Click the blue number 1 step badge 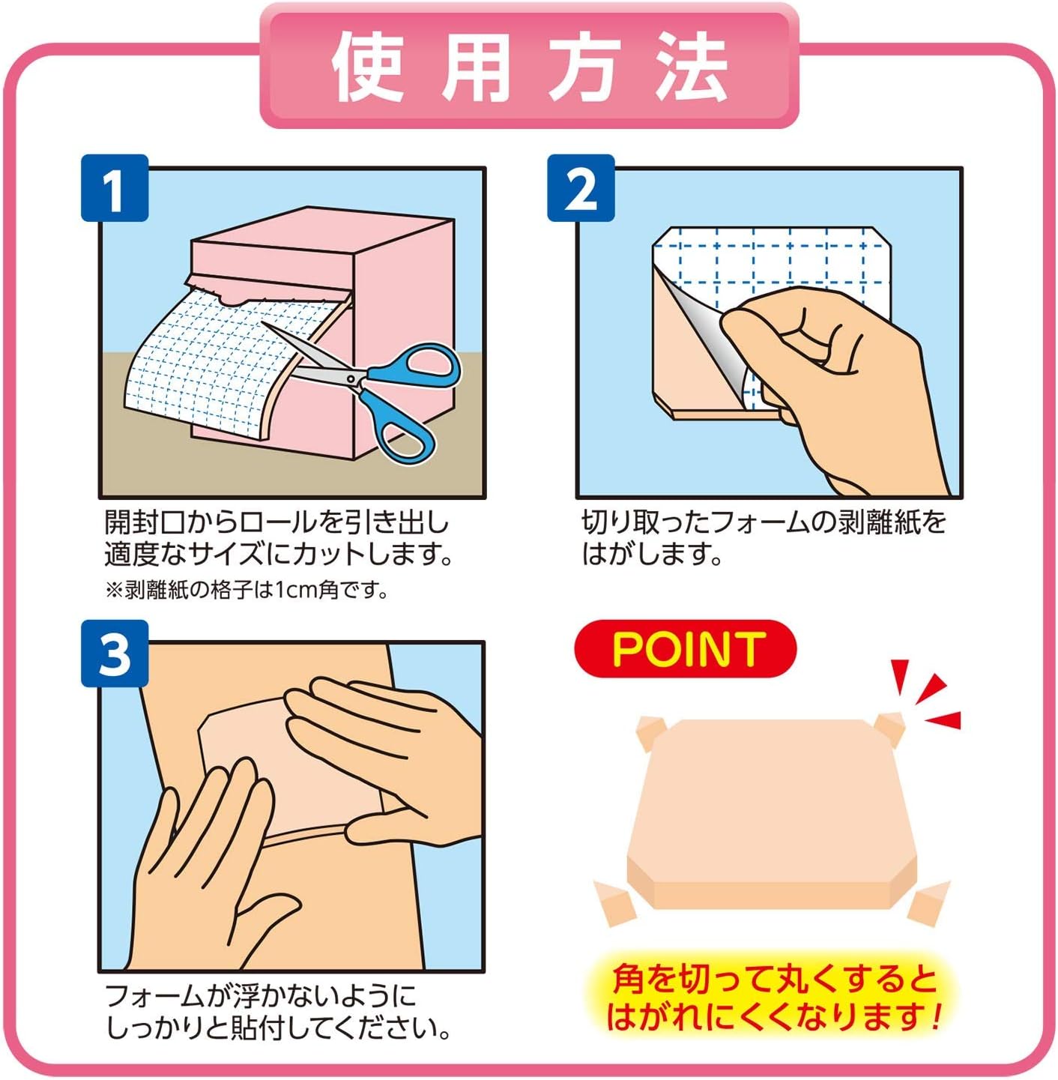115,188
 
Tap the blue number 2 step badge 581,188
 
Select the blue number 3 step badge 115,654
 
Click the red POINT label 686,649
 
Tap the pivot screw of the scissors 352,379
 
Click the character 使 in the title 367,67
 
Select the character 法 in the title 692,67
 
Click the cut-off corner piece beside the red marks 890,728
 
